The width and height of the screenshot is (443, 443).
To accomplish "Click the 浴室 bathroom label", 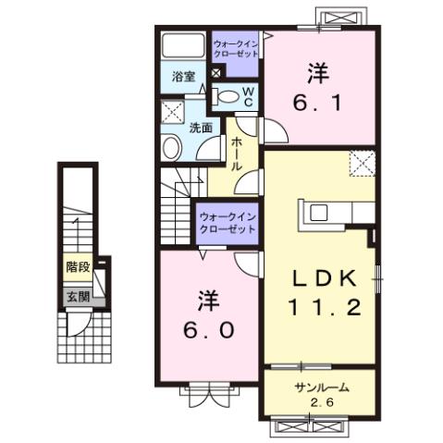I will (182, 78).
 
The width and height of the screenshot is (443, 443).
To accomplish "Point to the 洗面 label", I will (202, 128).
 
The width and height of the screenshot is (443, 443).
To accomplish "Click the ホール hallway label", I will (237, 153).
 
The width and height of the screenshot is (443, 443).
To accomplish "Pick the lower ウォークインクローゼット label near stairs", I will (226, 223).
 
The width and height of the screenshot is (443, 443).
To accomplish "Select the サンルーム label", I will (319, 387).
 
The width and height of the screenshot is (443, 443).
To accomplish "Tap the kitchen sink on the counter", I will (317, 213).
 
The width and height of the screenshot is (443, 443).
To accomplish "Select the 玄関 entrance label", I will (77, 297).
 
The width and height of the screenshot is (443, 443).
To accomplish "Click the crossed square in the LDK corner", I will (362, 164).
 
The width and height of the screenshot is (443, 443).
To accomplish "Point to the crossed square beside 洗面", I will (172, 114).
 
